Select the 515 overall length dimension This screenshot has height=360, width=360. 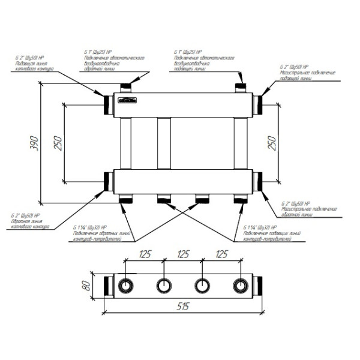[184, 306]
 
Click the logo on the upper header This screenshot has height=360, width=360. [128, 101]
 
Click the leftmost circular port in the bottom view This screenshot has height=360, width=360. [126, 284]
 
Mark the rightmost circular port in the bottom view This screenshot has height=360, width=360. [242, 284]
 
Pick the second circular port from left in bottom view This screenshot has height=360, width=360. [164, 284]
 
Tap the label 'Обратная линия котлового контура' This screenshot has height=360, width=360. [31, 225]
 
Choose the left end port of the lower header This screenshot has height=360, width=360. [108, 182]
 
